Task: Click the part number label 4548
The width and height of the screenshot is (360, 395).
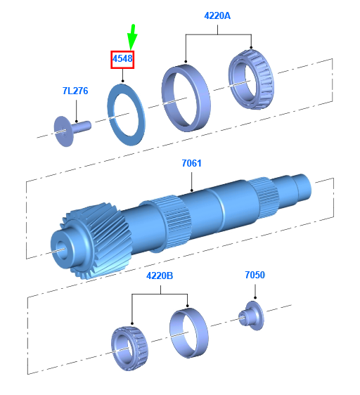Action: pos(122,59)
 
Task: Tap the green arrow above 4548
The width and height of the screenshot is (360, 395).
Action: pos(132,37)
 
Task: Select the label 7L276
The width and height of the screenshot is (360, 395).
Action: pos(75,91)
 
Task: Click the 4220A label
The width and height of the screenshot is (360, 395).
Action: pos(217,16)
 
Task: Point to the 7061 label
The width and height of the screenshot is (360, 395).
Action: pos(191,163)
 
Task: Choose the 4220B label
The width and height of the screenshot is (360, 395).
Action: pos(160,276)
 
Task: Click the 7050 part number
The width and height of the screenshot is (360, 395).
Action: pos(255,275)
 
